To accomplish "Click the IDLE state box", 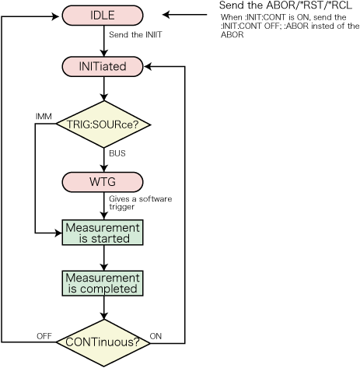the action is [103, 16].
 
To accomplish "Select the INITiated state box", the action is [103, 67].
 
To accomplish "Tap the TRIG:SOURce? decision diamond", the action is [103, 124].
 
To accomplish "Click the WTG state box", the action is [103, 182].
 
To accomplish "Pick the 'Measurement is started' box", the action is [103, 233].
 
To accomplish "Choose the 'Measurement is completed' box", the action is [103, 283].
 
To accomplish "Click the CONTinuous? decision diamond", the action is [103, 343].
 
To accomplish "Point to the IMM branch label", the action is [44, 117].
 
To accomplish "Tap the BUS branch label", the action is [117, 153].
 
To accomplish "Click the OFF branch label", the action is [44, 336].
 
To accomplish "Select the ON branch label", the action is [156, 336].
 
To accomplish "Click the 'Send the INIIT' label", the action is [135, 34].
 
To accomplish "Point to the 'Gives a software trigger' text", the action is [140, 203].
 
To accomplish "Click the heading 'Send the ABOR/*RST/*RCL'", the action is [285, 5].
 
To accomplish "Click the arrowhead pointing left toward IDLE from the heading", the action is [166, 15].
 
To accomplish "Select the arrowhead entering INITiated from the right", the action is [148, 67].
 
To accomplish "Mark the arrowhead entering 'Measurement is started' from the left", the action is [58, 233].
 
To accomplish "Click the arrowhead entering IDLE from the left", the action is [56, 16].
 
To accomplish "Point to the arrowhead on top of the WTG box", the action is [103, 168].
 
